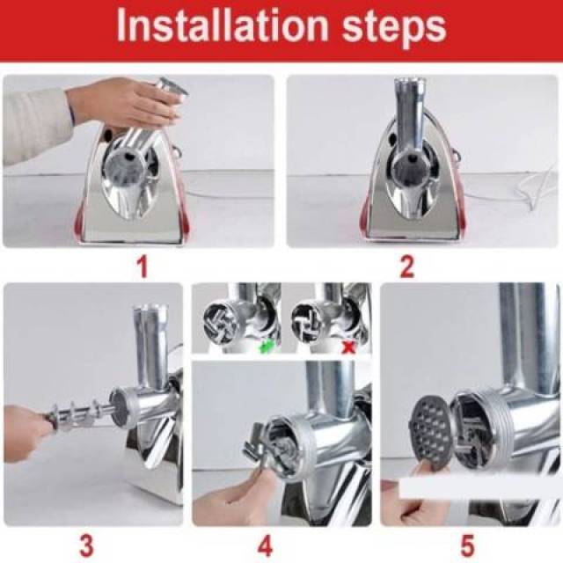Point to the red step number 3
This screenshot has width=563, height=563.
click(86, 545)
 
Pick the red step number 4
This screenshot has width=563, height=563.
click(265, 545)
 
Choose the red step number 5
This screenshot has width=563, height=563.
click(467, 545)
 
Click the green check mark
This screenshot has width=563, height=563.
click(267, 346)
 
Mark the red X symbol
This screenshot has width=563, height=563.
click(347, 347)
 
